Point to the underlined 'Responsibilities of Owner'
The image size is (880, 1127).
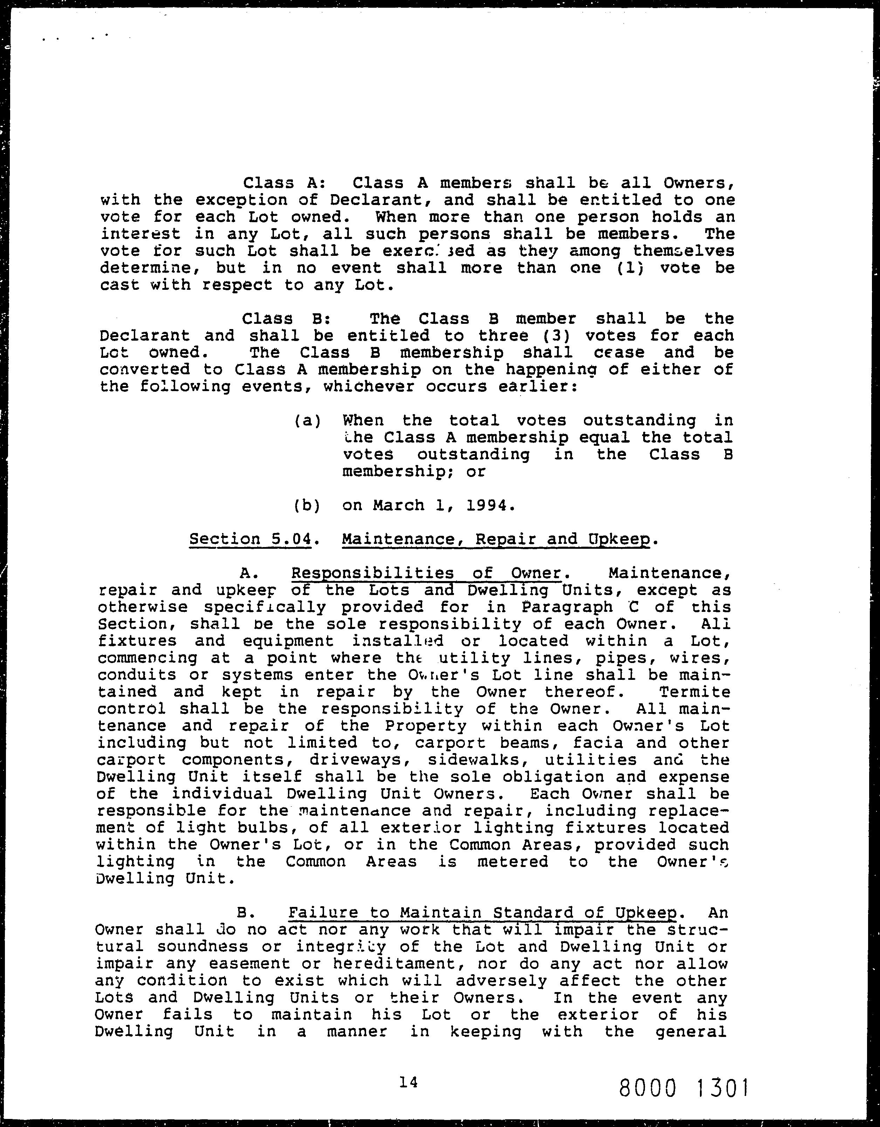[426, 573]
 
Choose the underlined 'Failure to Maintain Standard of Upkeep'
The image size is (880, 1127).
[482, 913]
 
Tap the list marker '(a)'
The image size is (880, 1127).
[308, 421]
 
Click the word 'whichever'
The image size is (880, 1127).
[368, 387]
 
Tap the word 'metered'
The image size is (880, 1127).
[512, 862]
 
